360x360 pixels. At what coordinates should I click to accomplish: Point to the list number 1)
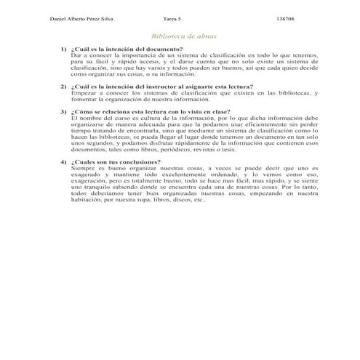coord(63,48)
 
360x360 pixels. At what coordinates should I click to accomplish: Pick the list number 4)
coord(63,161)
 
